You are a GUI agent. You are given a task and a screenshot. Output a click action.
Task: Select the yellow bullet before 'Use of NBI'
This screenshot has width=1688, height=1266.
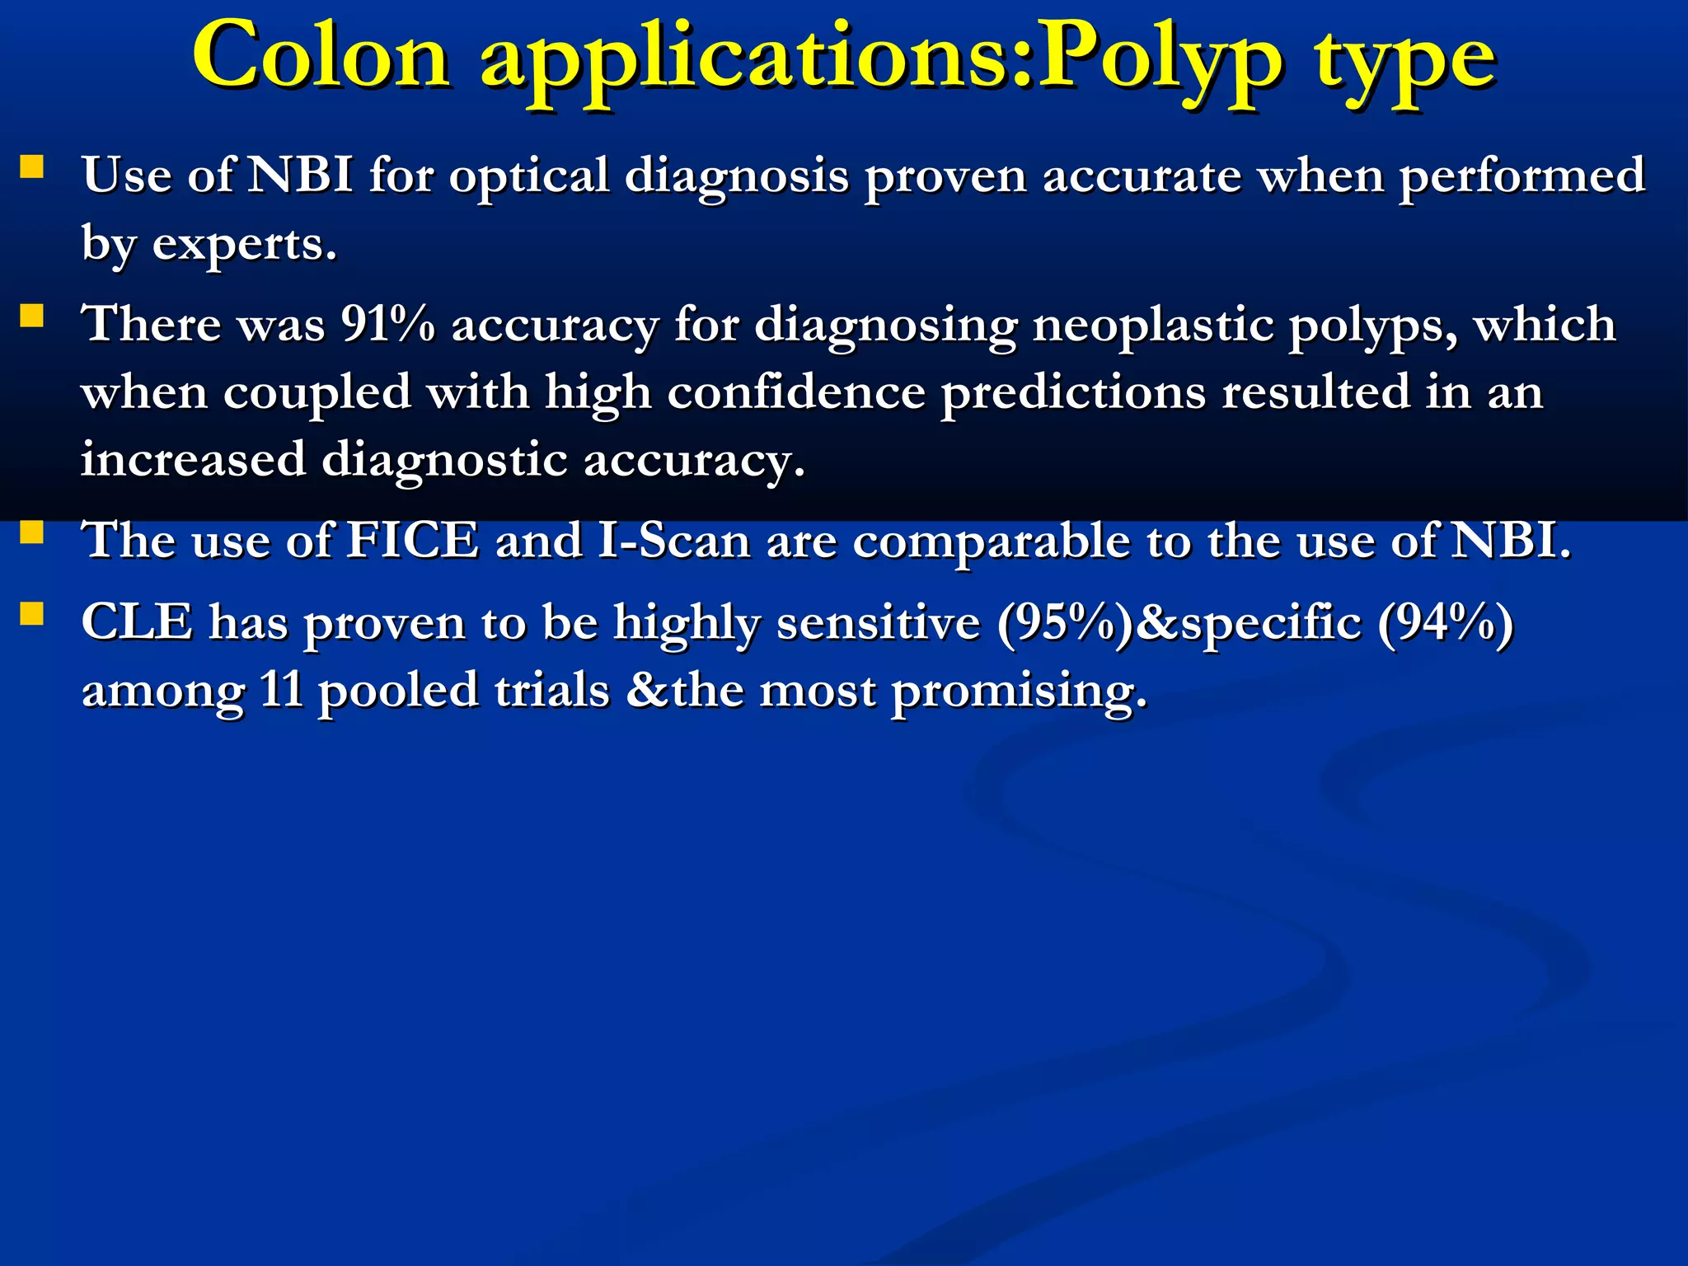[32, 168]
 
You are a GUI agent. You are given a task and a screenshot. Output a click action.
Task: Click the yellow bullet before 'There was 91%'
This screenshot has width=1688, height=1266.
[32, 316]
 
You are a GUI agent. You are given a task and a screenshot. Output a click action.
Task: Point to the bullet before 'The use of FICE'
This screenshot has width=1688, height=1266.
[32, 533]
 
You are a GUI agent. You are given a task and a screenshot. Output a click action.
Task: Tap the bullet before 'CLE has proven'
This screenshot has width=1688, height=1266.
[32, 614]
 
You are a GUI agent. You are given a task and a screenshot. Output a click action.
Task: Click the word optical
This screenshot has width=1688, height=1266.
[528, 178]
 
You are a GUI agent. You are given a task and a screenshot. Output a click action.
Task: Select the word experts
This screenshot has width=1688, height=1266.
[244, 246]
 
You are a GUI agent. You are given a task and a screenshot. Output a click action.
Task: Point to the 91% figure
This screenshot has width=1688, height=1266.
[388, 324]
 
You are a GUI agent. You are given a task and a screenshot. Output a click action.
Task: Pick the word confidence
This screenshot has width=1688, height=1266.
[796, 392]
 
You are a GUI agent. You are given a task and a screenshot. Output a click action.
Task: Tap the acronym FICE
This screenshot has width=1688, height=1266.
[412, 541]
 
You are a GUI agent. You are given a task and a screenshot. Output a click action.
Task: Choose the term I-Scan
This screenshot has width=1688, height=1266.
[674, 541]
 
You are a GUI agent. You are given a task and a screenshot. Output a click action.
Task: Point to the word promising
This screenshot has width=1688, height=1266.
[1019, 692]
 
